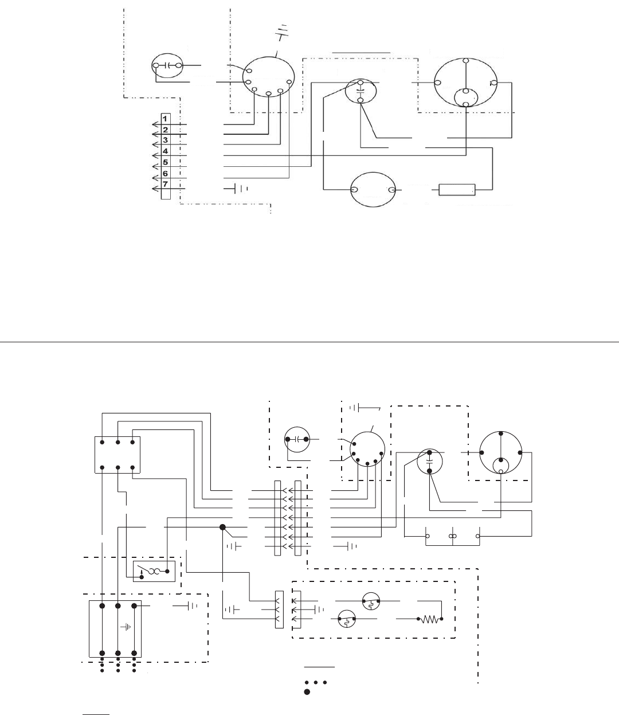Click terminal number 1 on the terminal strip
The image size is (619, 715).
[165, 119]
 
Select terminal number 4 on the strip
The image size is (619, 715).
[165, 151]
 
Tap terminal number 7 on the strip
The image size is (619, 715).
[165, 184]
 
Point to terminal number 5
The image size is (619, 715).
[165, 162]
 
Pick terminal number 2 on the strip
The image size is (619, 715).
[165, 130]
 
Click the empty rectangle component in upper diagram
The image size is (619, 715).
[457, 189]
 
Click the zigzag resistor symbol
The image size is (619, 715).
[431, 619]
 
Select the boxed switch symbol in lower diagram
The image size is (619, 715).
[154, 571]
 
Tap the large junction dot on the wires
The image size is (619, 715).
[222, 527]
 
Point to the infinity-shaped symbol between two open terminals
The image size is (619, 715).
[452, 537]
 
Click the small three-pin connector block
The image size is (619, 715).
[280, 610]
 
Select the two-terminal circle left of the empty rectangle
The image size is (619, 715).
[373, 190]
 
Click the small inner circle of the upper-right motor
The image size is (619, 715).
[466, 97]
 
